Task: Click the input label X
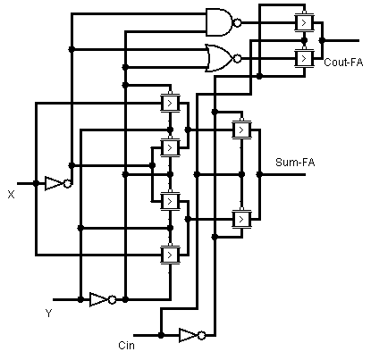tap(11, 194)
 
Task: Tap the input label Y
tap(48, 313)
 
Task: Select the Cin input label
tap(126, 344)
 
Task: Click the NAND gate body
tap(218, 21)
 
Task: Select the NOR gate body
tap(218, 58)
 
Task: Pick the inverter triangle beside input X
tap(54, 183)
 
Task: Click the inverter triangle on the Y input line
tap(98, 299)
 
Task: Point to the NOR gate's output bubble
tap(238, 58)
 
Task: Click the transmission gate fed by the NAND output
tap(304, 21)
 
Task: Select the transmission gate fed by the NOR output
tap(304, 59)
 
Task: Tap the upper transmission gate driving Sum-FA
tap(240, 130)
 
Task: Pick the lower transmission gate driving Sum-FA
tap(240, 218)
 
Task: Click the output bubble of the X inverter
tap(68, 183)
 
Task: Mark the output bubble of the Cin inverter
tap(202, 335)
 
